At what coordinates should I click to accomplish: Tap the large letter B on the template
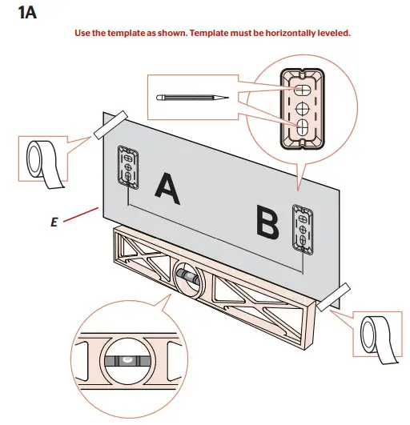pos(268,222)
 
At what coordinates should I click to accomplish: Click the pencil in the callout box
pos(192,97)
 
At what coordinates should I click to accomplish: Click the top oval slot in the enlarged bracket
pos(302,87)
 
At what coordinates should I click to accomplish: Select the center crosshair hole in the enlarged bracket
pos(302,106)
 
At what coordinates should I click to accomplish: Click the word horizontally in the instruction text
pos(267,34)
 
